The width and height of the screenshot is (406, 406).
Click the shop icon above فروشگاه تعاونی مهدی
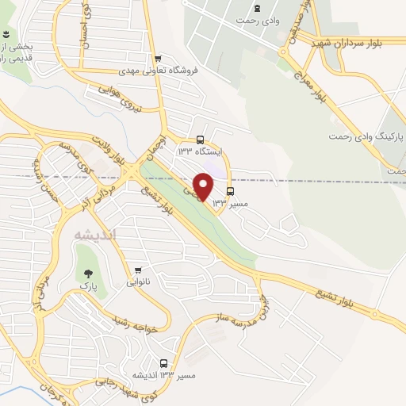pos(159,57)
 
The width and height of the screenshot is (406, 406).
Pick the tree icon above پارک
pos(87,274)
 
